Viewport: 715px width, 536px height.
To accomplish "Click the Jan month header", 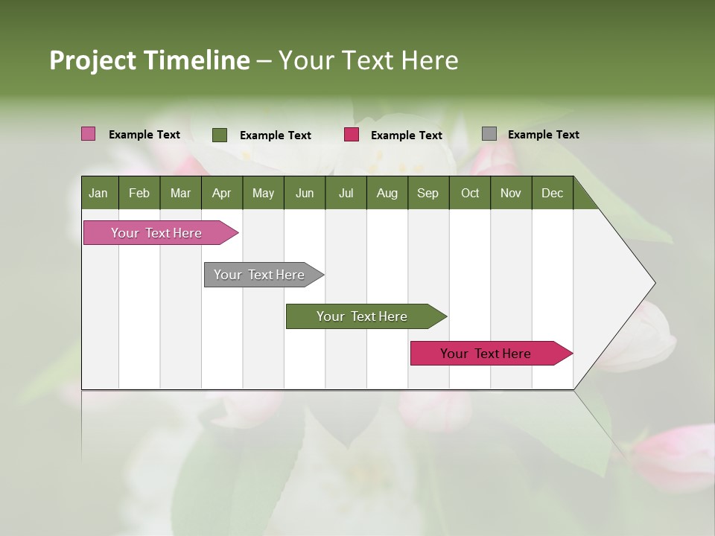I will (98, 193).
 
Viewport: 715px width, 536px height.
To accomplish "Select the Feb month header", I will (139, 193).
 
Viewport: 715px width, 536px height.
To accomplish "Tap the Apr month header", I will (221, 193).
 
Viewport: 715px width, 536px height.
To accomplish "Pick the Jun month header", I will (305, 193).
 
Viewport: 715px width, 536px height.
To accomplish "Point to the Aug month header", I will (387, 193).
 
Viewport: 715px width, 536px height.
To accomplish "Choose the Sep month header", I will (428, 193).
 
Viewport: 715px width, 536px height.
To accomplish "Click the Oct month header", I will (470, 193).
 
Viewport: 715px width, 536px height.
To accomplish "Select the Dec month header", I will (552, 193).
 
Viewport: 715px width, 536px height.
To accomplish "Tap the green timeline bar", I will (363, 316).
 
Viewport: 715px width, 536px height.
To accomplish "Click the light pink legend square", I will (89, 134).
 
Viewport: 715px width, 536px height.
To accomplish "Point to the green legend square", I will (220, 135).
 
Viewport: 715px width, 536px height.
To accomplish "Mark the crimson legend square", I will (352, 135).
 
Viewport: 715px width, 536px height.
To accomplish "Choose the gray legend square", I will (489, 134).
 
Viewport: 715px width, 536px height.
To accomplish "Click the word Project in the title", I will (92, 60).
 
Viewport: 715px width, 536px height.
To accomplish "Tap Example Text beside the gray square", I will (543, 135).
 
